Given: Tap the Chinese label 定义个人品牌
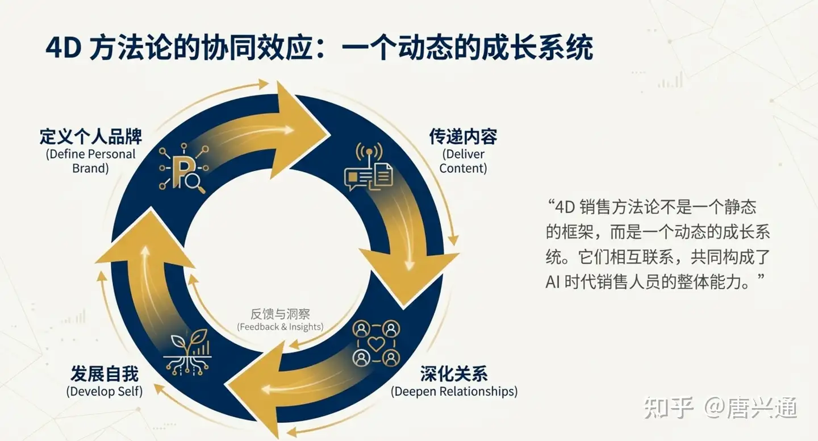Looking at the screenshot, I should tap(91, 137).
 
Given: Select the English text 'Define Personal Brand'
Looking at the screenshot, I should tap(91, 161).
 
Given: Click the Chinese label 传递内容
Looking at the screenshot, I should tap(463, 137).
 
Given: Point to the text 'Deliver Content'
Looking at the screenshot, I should tap(463, 161).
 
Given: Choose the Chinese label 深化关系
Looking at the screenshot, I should tap(454, 374).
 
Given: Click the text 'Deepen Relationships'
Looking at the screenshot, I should tap(454, 392).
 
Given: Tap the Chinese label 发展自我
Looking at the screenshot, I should tap(105, 374).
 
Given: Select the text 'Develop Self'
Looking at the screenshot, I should tap(105, 392).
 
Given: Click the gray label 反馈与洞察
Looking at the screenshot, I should tap(280, 314).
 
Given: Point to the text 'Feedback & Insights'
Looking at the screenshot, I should tap(280, 327).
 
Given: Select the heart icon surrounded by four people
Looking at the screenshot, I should tap(375, 343).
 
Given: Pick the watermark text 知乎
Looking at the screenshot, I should tap(669, 407).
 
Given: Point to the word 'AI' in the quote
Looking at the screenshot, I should tap(553, 282).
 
